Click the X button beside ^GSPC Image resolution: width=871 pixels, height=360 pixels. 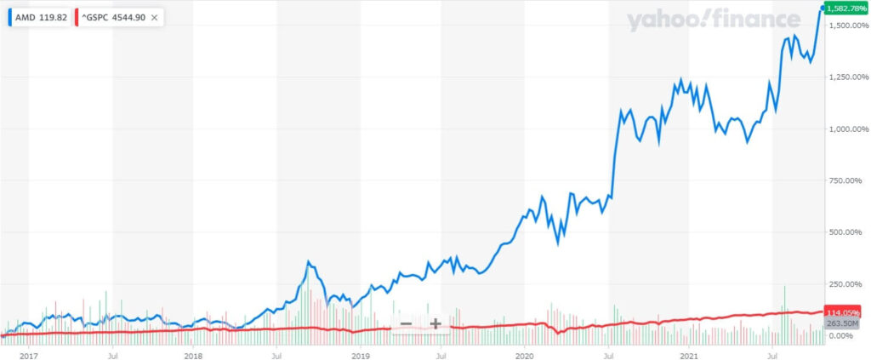pos(154,16)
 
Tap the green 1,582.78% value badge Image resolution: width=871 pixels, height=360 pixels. pos(842,9)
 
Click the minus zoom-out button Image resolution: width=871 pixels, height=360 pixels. pos(406,323)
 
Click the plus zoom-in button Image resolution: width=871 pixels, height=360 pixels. pos(435,323)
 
